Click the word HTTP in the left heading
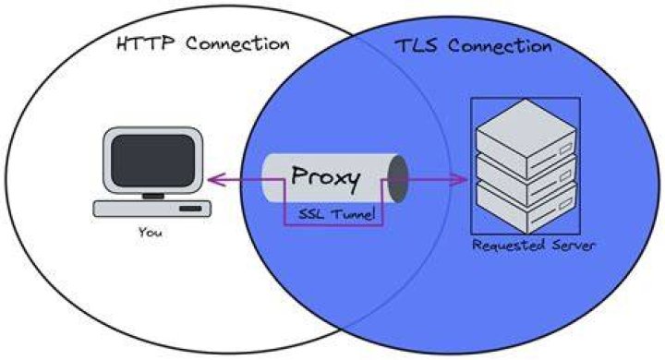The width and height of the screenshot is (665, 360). click(x=145, y=44)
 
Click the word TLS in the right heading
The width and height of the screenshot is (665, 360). click(x=416, y=46)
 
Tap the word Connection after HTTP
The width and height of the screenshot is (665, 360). click(x=237, y=43)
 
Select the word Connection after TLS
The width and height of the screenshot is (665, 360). click(x=500, y=46)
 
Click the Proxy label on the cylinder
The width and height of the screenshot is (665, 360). click(x=326, y=177)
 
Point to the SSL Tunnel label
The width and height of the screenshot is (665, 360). click(x=337, y=214)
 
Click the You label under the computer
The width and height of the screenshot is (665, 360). click(x=151, y=232)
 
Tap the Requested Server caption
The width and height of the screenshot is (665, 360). click(x=534, y=246)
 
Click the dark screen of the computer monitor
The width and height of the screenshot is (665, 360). click(x=153, y=161)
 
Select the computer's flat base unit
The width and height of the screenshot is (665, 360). click(x=152, y=209)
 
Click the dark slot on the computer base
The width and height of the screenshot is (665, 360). click(x=190, y=209)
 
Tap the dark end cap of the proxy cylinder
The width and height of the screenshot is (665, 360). click(x=398, y=178)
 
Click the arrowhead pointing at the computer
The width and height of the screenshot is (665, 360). click(x=214, y=180)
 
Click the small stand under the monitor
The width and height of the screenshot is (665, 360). click(x=153, y=196)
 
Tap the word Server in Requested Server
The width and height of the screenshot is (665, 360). click(x=574, y=246)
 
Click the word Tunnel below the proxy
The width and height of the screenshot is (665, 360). click(x=353, y=214)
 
